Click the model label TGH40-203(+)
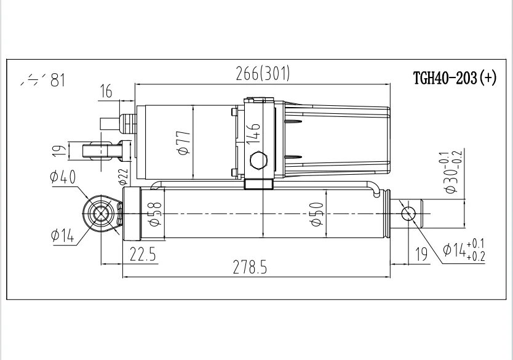click(x=455, y=79)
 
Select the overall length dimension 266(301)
click(x=263, y=74)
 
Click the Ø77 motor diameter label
click(x=182, y=142)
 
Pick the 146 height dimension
click(x=253, y=133)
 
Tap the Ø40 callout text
click(x=62, y=178)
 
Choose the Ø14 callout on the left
click(x=62, y=234)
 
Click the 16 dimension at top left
click(x=106, y=92)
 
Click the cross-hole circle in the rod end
click(x=408, y=214)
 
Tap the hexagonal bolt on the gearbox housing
click(x=258, y=161)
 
